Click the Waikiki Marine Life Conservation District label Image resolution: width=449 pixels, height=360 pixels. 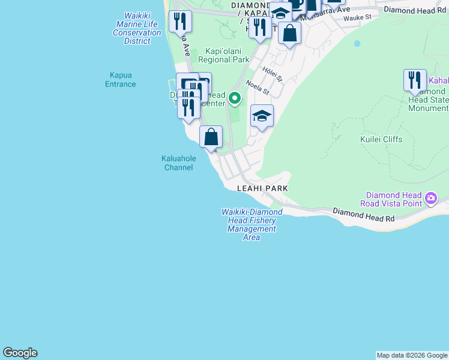(137, 28)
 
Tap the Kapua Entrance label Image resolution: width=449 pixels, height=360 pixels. (120, 79)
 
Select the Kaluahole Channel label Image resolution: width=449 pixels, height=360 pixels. (179, 163)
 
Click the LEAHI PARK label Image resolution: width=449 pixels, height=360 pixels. (262, 188)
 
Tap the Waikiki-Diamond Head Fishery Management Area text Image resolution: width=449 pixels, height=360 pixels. (252, 224)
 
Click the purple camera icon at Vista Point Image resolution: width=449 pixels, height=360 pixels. (430, 197)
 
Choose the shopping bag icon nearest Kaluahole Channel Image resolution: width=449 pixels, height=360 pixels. (211, 137)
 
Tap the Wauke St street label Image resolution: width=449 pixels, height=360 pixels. (357, 18)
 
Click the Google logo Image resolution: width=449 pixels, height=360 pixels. (20, 353)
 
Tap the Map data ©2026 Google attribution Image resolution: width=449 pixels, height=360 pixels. (412, 355)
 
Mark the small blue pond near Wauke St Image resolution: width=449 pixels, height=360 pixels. (357, 43)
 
